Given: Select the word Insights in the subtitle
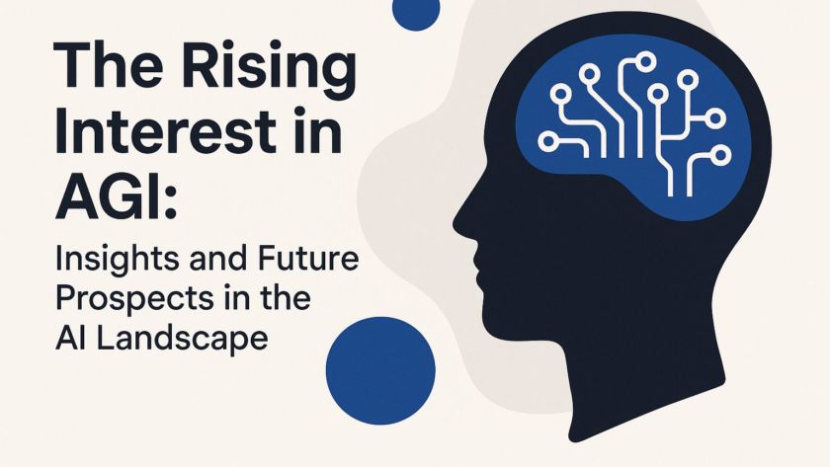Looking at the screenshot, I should [x=108, y=264].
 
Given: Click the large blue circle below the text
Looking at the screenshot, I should [x=380, y=370].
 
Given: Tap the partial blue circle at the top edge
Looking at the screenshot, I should [x=415, y=12].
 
